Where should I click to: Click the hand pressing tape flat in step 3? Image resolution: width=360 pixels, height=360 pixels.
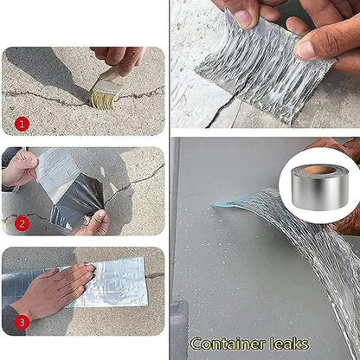pos(56,290)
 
